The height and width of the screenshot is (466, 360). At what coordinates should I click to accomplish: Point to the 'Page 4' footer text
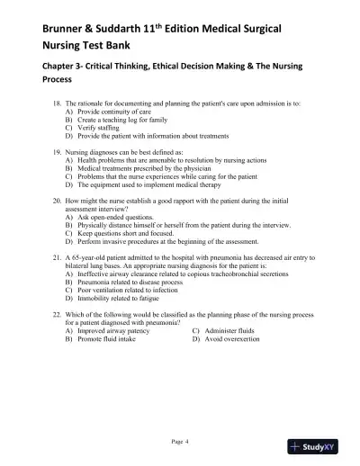[x=180, y=441]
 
